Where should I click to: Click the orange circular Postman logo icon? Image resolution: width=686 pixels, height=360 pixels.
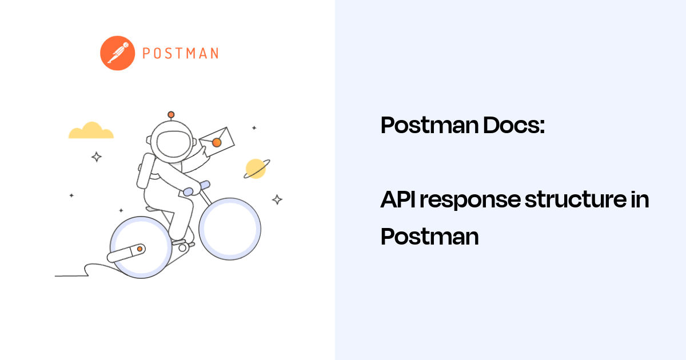coord(117,53)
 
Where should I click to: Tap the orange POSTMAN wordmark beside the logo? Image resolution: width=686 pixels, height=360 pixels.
coord(180,54)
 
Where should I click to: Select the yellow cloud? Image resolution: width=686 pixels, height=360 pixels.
coord(91,131)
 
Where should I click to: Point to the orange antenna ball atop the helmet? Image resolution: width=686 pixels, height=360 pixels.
coord(170,114)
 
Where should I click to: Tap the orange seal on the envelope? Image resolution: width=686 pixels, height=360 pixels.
coord(216,142)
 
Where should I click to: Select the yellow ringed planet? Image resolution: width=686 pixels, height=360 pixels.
coord(256,168)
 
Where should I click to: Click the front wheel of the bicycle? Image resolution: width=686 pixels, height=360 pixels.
coord(229,229)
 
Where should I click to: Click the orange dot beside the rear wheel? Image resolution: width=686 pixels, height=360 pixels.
coord(139,250)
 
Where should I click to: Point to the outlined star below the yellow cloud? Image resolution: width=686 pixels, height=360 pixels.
coord(97,157)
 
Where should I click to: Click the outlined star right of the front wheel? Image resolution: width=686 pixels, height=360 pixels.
coord(277,199)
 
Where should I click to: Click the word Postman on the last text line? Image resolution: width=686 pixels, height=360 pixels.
coord(429,236)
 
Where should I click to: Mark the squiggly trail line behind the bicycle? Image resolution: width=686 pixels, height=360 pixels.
coord(80,271)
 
